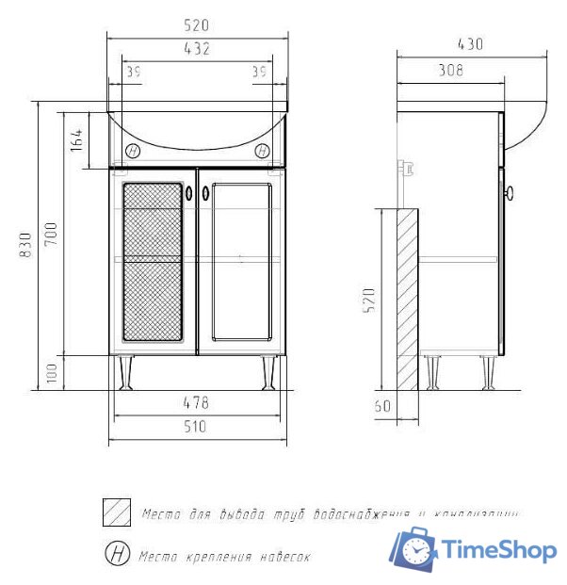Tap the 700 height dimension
click(50, 232)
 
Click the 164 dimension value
click(76, 140)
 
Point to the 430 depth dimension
click(470, 43)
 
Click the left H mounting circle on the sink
click(133, 151)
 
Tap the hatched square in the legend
click(117, 512)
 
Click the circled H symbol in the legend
click(117, 553)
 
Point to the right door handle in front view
click(205, 192)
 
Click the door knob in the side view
click(510, 194)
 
